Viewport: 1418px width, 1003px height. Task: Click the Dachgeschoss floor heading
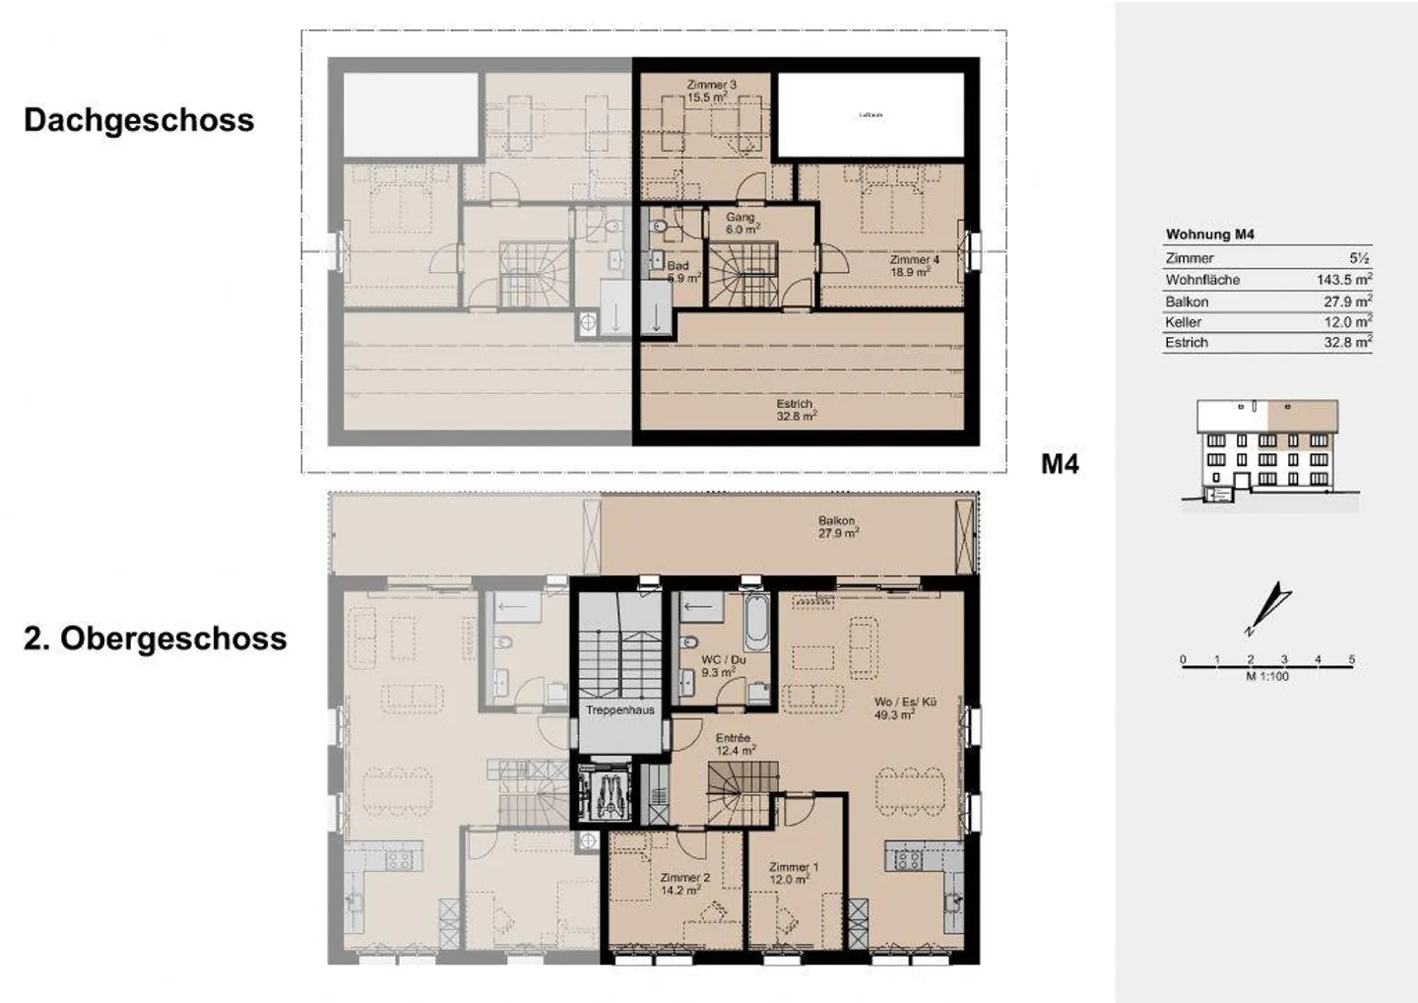pyautogui.click(x=139, y=120)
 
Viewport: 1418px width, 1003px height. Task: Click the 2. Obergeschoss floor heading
pyautogui.click(x=155, y=638)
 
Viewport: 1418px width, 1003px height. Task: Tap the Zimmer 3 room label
pyautogui.click(x=711, y=91)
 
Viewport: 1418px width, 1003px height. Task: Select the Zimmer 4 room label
pyautogui.click(x=914, y=265)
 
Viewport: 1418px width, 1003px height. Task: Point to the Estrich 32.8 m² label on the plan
pyautogui.click(x=796, y=410)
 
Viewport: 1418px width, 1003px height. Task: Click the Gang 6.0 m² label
pyautogui.click(x=741, y=223)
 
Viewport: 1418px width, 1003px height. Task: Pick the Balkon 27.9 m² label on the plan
pyautogui.click(x=837, y=526)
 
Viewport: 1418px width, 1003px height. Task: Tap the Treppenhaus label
pyautogui.click(x=619, y=709)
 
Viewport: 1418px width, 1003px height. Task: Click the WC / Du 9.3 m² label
pyautogui.click(x=723, y=666)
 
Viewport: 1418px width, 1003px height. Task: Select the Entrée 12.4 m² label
pyautogui.click(x=734, y=744)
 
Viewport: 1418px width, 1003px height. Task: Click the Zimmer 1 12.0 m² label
pyautogui.click(x=793, y=873)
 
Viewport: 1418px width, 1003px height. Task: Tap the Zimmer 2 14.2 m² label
pyautogui.click(x=684, y=883)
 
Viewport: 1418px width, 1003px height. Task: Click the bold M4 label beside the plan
pyautogui.click(x=1060, y=464)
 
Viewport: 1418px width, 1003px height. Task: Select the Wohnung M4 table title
pyautogui.click(x=1209, y=234)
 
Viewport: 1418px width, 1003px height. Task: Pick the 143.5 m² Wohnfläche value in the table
pyautogui.click(x=1343, y=280)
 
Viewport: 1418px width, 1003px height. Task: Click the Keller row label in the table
pyautogui.click(x=1183, y=322)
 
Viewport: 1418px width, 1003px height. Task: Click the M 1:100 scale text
pyautogui.click(x=1266, y=676)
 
